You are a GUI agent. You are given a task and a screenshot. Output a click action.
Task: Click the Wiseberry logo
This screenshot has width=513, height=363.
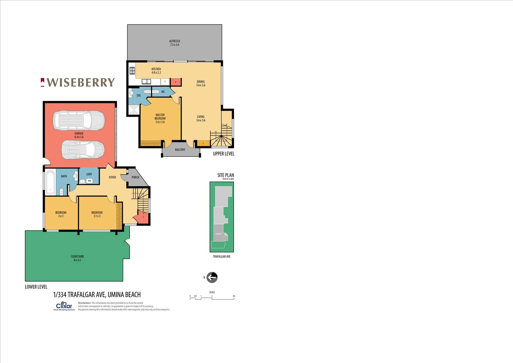tap(78, 82)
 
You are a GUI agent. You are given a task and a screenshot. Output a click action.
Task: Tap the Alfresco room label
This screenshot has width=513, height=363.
tap(175, 43)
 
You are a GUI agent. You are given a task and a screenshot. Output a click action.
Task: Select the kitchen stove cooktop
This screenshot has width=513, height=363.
tap(132, 71)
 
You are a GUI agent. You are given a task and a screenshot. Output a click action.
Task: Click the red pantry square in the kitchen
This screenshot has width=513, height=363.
tap(176, 82)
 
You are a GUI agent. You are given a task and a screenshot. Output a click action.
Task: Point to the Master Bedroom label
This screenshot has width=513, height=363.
tap(160, 118)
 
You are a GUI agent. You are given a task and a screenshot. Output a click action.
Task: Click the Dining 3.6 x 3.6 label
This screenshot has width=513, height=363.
tap(201, 83)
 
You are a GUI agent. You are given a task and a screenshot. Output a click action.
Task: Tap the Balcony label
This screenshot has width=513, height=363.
tap(180, 150)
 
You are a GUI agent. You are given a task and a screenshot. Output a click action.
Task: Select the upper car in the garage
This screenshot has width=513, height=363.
tap(79, 120)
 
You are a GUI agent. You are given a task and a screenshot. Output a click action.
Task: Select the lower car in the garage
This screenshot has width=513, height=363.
tap(83, 150)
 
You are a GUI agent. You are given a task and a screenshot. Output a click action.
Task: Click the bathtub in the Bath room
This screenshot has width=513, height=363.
tap(50, 183)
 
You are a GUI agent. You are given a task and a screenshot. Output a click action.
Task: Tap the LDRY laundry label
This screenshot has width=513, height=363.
tap(89, 174)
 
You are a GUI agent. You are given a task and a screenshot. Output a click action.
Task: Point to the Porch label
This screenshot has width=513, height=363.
tap(135, 177)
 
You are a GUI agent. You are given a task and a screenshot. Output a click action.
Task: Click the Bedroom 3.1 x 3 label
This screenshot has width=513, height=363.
tap(97, 214)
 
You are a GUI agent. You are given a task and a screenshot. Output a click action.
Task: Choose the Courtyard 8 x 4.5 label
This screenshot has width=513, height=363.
tap(77, 258)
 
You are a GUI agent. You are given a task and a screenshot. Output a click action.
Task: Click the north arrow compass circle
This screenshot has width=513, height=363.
tap(212, 277)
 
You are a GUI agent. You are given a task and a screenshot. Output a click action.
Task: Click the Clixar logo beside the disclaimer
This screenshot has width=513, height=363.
tap(64, 306)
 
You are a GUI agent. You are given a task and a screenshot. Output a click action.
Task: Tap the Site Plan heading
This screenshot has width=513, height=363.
tap(226, 175)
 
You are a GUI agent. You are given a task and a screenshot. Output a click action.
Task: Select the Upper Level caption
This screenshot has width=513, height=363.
tap(224, 154)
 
